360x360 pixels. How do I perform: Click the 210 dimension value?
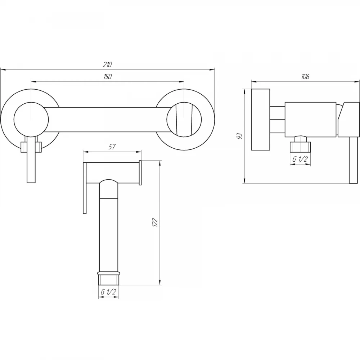(x=107, y=65)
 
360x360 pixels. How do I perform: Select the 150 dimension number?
(x=107, y=76)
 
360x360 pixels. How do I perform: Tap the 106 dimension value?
(x=305, y=76)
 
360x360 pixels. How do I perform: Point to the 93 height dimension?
(x=240, y=136)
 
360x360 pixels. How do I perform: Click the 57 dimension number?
(x=112, y=147)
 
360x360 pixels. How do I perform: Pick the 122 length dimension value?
(x=155, y=222)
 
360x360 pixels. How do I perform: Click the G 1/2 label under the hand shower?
(x=108, y=292)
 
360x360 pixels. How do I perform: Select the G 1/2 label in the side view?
(x=300, y=159)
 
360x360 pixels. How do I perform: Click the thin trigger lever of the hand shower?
(x=85, y=188)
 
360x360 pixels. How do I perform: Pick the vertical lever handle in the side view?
(x=354, y=160)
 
